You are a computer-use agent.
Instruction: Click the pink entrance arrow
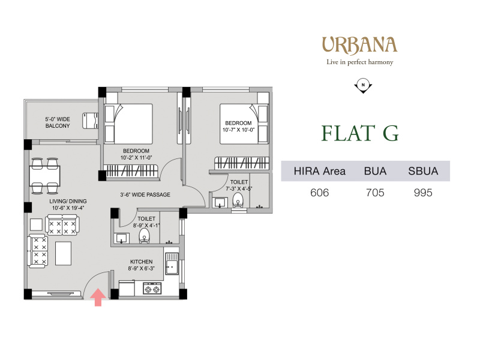98,297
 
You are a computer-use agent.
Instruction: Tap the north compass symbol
363,86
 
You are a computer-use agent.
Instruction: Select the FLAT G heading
360,133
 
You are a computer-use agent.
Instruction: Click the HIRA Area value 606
319,193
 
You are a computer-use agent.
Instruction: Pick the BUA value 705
375,193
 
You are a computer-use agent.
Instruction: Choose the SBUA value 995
423,193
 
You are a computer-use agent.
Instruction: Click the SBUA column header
423,171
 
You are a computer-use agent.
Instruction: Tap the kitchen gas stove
152,289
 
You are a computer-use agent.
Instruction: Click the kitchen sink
172,263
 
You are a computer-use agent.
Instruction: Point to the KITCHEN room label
141,262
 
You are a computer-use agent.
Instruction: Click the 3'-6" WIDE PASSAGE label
145,194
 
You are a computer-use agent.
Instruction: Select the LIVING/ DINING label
68,201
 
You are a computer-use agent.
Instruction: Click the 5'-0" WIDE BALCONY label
58,122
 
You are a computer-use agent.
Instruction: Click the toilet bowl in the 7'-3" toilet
238,201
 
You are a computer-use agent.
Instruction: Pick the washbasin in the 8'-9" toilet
122,238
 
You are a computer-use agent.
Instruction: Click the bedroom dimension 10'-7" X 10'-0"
238,130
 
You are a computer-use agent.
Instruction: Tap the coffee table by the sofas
64,253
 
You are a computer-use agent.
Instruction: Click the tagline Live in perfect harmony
359,62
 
